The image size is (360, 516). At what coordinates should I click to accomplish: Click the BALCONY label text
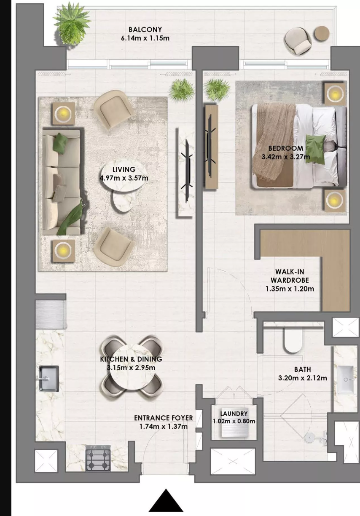point(145,29)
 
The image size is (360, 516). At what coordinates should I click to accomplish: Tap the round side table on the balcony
point(322,34)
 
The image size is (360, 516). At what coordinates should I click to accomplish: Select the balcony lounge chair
point(298,41)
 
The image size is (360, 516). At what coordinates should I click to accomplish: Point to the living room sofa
point(62,182)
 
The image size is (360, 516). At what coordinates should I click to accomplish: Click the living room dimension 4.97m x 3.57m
point(124,178)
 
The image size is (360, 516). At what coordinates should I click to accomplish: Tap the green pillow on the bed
point(315,150)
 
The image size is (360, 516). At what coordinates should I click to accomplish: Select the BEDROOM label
point(286,148)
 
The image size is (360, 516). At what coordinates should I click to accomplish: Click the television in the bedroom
point(210,147)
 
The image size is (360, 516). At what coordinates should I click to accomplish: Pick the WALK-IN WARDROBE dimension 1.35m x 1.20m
point(290,289)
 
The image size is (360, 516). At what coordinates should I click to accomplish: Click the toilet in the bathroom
point(293,341)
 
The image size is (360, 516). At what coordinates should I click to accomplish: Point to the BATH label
point(302,369)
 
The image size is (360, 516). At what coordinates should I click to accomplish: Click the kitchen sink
point(48,378)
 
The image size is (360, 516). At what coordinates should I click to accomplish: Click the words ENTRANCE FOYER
point(164,418)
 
